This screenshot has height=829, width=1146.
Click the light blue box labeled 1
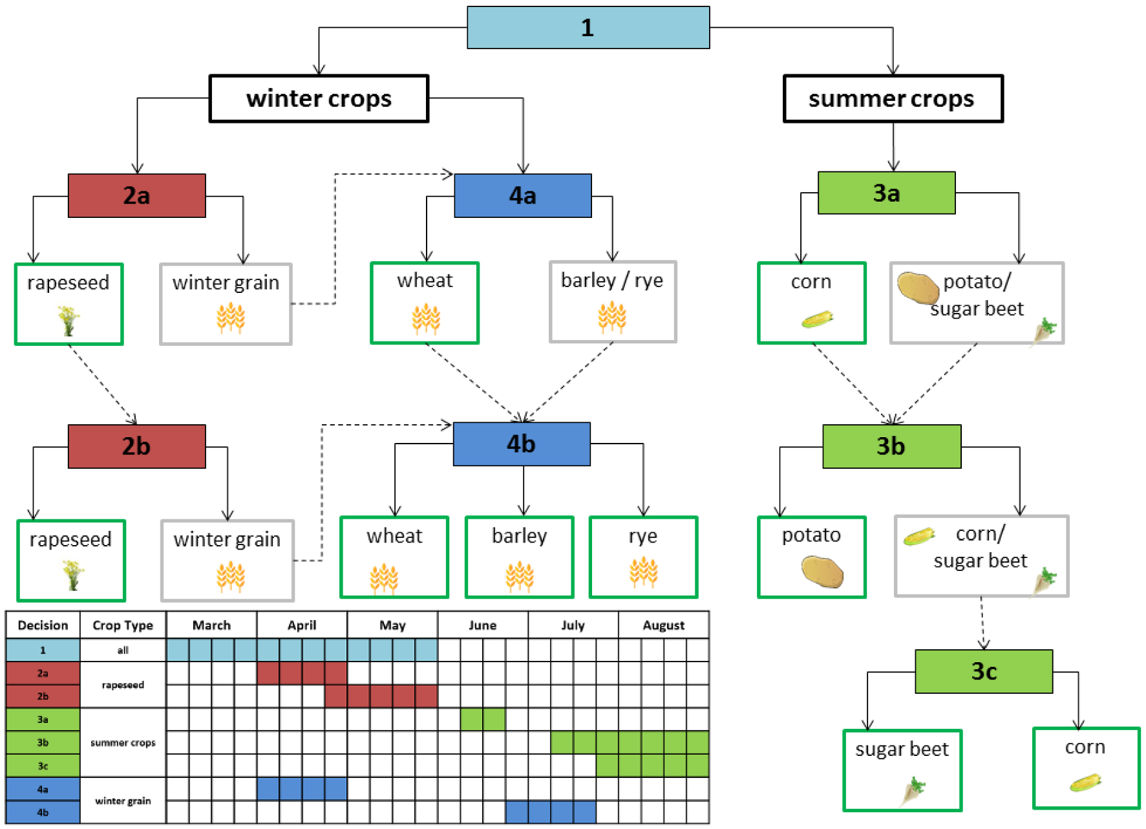[588, 28]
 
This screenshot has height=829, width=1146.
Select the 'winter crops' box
[319, 99]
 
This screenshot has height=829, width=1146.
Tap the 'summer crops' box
[893, 99]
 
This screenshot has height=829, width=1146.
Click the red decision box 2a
[136, 195]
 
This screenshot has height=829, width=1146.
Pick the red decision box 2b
[136, 446]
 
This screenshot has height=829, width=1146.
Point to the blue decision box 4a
[522, 195]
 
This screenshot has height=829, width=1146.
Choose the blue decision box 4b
[521, 444]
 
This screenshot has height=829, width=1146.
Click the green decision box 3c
[983, 671]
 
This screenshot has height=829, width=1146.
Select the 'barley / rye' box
[612, 302]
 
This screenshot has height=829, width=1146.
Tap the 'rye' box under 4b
[643, 557]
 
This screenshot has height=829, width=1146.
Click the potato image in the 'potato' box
[822, 572]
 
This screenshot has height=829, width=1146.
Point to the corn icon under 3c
[1085, 783]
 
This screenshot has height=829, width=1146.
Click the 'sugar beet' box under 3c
[902, 770]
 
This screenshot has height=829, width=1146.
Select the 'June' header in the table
[482, 625]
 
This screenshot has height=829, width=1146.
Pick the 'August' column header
[663, 625]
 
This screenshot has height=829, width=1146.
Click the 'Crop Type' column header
[123, 625]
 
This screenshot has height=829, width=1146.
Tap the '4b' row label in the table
[43, 812]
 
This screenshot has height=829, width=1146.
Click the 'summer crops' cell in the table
[123, 742]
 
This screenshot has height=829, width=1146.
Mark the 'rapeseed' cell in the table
[123, 685]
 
